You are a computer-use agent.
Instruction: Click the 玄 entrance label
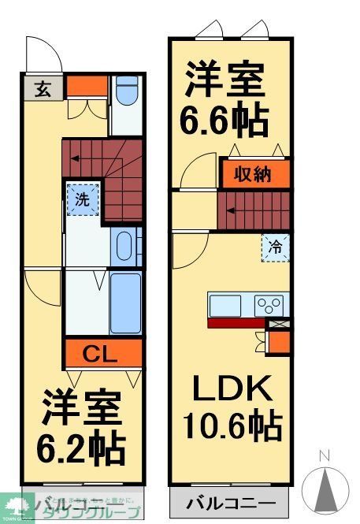tap(43, 88)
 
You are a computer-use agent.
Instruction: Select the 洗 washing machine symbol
tap(83, 199)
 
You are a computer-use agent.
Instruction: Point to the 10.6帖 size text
tap(232, 426)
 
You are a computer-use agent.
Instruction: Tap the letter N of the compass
tap(324, 455)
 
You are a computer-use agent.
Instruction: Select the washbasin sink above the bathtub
tap(124, 247)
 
